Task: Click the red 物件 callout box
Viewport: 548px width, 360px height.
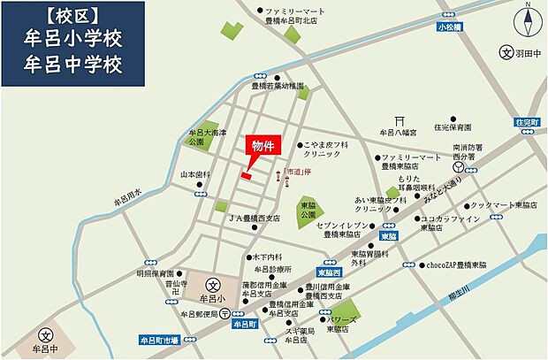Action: [263, 146]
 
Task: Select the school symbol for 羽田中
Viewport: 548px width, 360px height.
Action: [506, 53]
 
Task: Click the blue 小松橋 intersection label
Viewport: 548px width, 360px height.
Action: [449, 28]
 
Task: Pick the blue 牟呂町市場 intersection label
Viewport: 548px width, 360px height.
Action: [159, 339]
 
